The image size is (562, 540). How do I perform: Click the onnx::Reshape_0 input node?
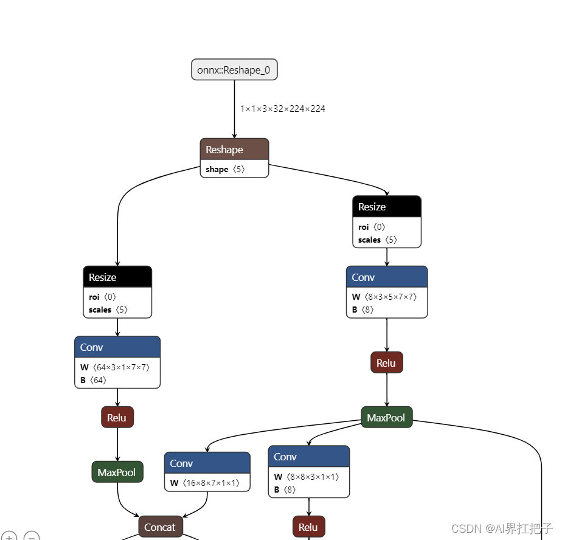[x=234, y=70]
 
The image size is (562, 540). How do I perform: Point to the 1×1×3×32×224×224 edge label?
[x=282, y=109]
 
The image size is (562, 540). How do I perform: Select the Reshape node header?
[x=234, y=150]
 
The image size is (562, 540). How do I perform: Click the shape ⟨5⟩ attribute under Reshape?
[x=225, y=170]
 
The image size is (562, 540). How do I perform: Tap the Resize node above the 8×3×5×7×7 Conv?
[x=386, y=207]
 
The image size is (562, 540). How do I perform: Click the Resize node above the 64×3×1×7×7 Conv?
[x=117, y=277]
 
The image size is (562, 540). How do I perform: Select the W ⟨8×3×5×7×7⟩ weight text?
[x=384, y=297]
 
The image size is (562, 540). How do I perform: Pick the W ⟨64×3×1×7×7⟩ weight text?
[x=115, y=367]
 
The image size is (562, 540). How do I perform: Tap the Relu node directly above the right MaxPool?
[x=386, y=363]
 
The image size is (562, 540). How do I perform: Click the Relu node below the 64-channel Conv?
[x=117, y=418]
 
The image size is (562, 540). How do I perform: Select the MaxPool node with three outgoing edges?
[x=386, y=418]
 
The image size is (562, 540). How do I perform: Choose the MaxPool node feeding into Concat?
[x=117, y=472]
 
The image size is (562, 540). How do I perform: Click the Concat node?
[x=160, y=527]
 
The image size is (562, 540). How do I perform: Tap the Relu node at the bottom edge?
[x=308, y=527]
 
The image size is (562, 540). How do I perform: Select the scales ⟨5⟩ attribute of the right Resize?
[x=378, y=240]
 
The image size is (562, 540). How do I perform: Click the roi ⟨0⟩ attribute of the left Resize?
[x=101, y=297]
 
